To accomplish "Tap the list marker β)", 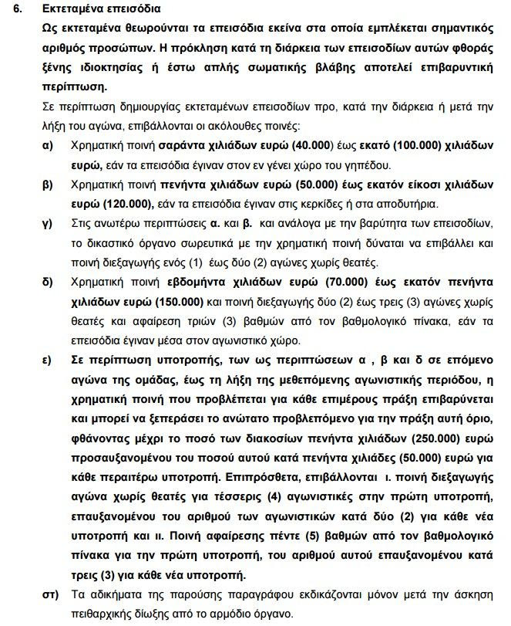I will coord(48,184).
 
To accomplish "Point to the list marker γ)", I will coord(48,224).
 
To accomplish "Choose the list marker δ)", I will coord(48,284).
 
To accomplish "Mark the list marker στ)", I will coord(49,595).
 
